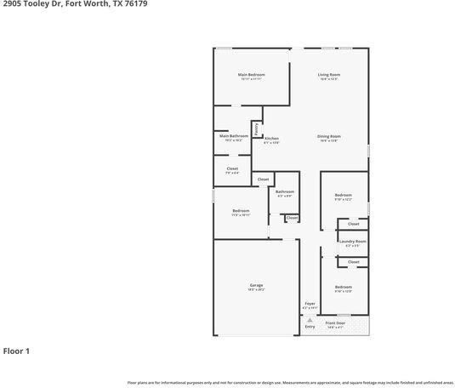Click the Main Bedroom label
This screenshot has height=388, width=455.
click(x=250, y=75)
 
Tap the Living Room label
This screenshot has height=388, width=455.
click(x=329, y=75)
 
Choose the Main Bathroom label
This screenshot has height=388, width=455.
click(x=234, y=136)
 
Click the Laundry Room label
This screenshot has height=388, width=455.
click(x=352, y=242)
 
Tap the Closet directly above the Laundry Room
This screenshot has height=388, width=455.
click(x=353, y=224)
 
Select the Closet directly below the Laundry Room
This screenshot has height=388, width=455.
click(x=353, y=261)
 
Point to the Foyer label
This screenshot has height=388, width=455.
click(x=310, y=304)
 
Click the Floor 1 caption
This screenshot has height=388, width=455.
click(x=16, y=351)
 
